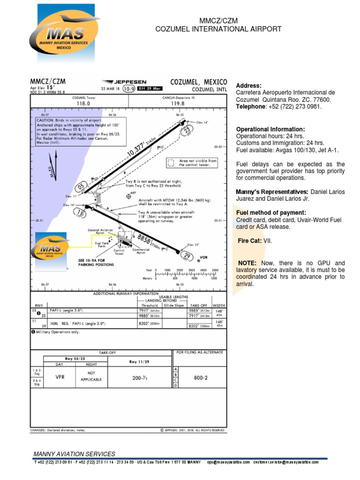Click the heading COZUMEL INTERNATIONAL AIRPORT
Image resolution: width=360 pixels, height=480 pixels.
(218, 29)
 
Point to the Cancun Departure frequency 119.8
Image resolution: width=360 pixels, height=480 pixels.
(178, 104)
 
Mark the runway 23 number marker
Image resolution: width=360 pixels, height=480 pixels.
(187, 130)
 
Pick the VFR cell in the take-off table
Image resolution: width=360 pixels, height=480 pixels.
(60, 376)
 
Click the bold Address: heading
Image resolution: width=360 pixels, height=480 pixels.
(248, 86)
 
